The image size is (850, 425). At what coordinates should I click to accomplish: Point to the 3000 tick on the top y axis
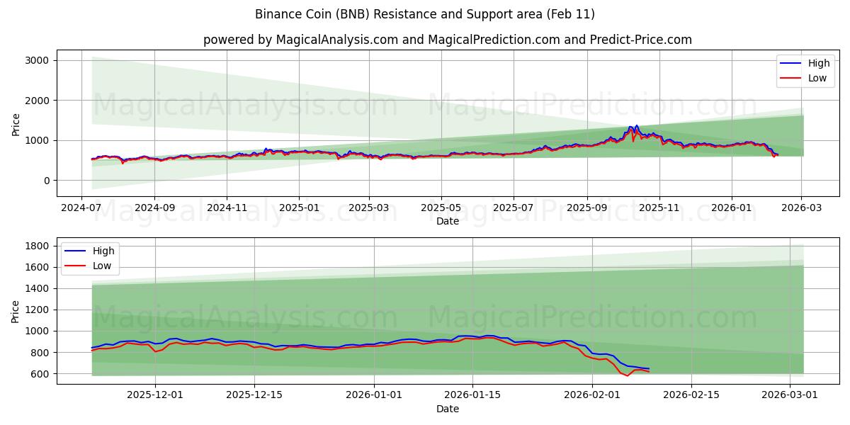click(38, 60)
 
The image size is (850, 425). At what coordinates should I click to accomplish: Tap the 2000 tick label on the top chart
click(38, 101)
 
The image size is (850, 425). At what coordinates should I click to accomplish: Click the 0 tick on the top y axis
click(46, 181)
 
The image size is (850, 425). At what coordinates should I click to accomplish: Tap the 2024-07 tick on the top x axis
click(82, 208)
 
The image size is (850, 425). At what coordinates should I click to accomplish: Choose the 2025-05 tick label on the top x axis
click(441, 208)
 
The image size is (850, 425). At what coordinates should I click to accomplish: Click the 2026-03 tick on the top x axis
click(802, 208)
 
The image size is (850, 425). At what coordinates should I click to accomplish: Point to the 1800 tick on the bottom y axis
click(38, 246)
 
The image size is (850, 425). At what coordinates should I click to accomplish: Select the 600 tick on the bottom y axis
click(40, 373)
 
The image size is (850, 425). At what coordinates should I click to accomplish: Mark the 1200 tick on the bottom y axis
click(38, 310)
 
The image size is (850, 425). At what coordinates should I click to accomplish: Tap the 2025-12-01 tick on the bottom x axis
click(154, 395)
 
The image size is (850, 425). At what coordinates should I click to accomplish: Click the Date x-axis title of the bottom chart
click(447, 409)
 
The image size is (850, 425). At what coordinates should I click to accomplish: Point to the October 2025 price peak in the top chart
click(636, 126)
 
